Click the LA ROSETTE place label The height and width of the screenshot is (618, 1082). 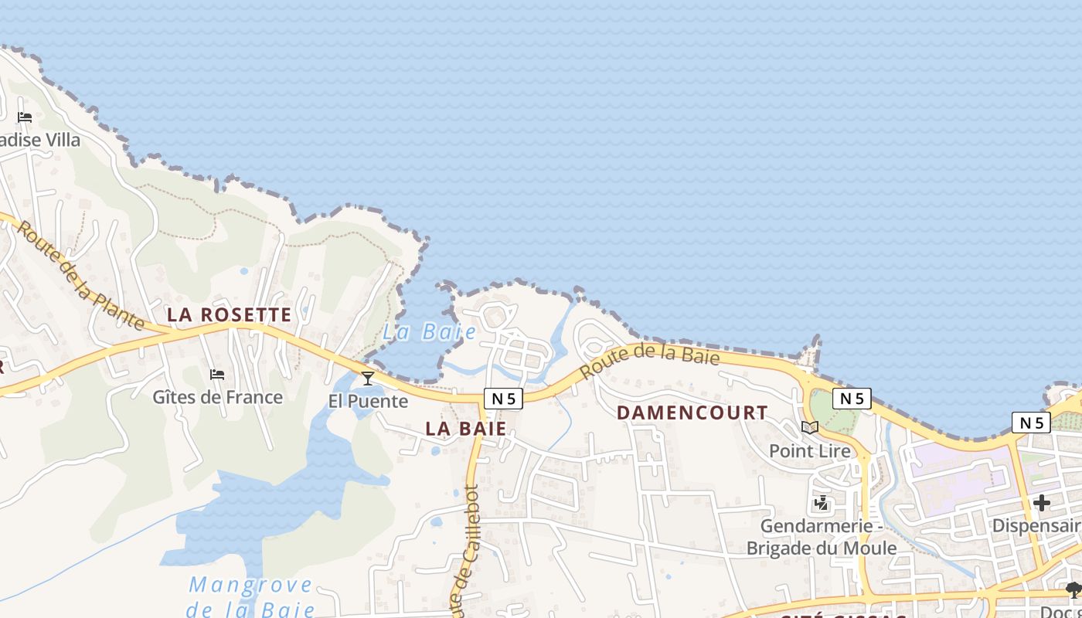click(x=230, y=315)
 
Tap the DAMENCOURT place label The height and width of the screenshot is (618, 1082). click(x=692, y=413)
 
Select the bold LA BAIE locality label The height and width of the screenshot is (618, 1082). click(x=466, y=429)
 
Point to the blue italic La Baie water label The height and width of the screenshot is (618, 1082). click(x=430, y=332)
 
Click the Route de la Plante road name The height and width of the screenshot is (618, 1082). click(x=80, y=275)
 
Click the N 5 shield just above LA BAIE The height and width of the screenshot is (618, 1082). click(x=503, y=399)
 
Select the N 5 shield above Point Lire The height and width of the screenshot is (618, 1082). click(x=852, y=399)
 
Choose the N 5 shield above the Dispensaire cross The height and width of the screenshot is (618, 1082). click(x=1031, y=423)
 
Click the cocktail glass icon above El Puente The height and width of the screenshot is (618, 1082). click(x=368, y=378)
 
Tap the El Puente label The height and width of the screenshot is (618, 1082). click(x=368, y=401)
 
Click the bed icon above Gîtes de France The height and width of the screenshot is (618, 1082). click(x=217, y=375)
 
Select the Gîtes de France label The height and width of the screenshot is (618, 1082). click(x=217, y=397)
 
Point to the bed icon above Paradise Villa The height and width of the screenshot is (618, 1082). click(x=25, y=117)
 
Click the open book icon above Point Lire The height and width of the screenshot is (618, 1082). click(x=809, y=427)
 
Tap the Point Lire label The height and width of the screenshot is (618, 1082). click(x=809, y=450)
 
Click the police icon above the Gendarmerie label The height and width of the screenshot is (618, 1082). click(x=821, y=504)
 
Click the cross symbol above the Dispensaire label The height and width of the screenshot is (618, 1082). click(x=1041, y=504)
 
